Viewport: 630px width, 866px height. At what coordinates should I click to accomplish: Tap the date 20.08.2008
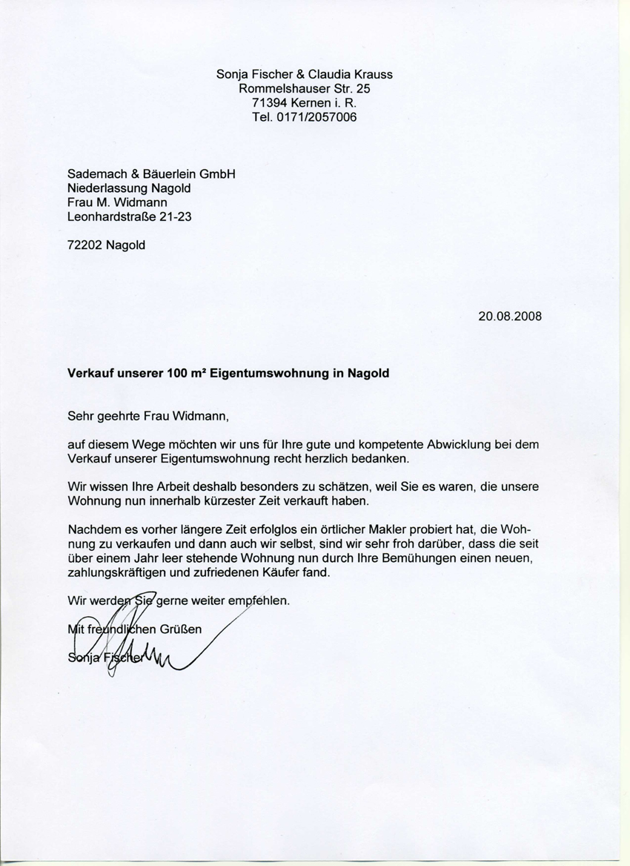(510, 315)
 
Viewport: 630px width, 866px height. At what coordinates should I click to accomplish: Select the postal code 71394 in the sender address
(270, 103)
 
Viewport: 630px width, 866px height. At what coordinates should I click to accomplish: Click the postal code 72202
(85, 245)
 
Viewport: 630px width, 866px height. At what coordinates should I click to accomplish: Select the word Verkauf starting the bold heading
(92, 374)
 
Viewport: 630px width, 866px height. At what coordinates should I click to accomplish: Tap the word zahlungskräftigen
(127, 573)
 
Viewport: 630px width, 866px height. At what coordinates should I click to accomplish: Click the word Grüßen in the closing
(181, 629)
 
